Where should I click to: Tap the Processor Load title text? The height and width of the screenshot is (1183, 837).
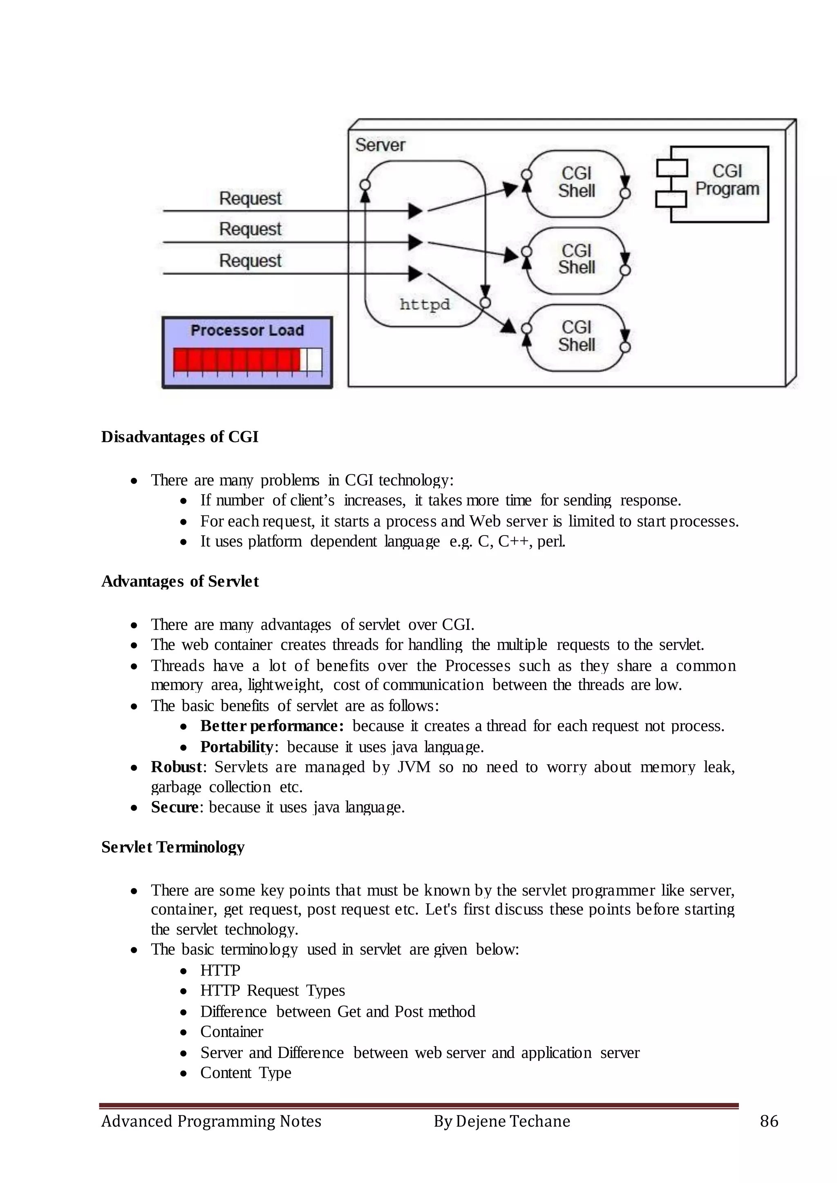click(x=247, y=330)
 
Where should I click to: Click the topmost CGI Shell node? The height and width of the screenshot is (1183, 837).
click(x=576, y=183)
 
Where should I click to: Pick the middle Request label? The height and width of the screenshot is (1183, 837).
click(x=250, y=229)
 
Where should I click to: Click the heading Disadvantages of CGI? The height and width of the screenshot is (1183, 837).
click(x=179, y=437)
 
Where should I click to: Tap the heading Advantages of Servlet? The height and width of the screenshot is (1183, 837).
click(x=180, y=581)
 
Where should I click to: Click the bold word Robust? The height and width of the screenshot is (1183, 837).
click(x=176, y=767)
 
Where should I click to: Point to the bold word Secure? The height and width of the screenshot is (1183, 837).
click(x=174, y=807)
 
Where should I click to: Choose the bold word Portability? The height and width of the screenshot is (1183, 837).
click(x=237, y=747)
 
